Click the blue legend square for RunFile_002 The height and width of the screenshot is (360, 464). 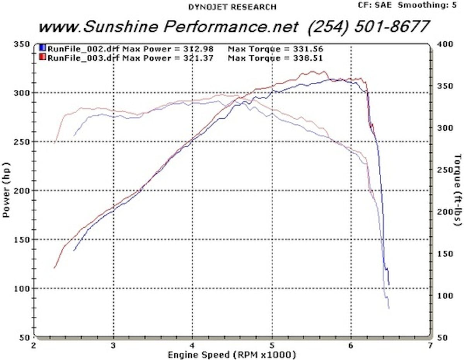(43, 49)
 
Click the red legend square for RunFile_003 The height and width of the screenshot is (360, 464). (43, 58)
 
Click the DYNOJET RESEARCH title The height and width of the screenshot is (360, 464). (232, 7)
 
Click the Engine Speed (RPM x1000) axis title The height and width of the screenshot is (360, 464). (232, 354)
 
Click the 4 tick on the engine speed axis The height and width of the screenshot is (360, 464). (193, 345)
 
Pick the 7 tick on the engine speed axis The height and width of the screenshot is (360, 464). (430, 345)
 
